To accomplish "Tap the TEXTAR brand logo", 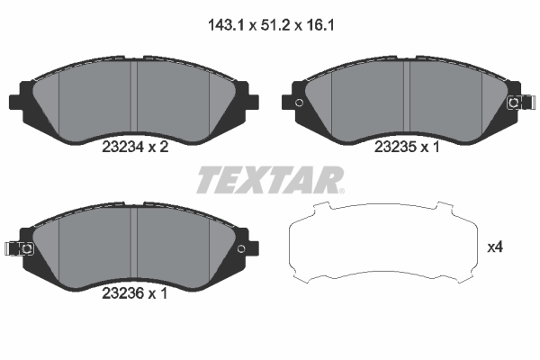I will click(269, 180).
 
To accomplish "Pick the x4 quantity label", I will click(494, 246).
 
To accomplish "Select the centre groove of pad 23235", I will click(408, 97).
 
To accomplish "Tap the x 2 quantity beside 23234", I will click(158, 152).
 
